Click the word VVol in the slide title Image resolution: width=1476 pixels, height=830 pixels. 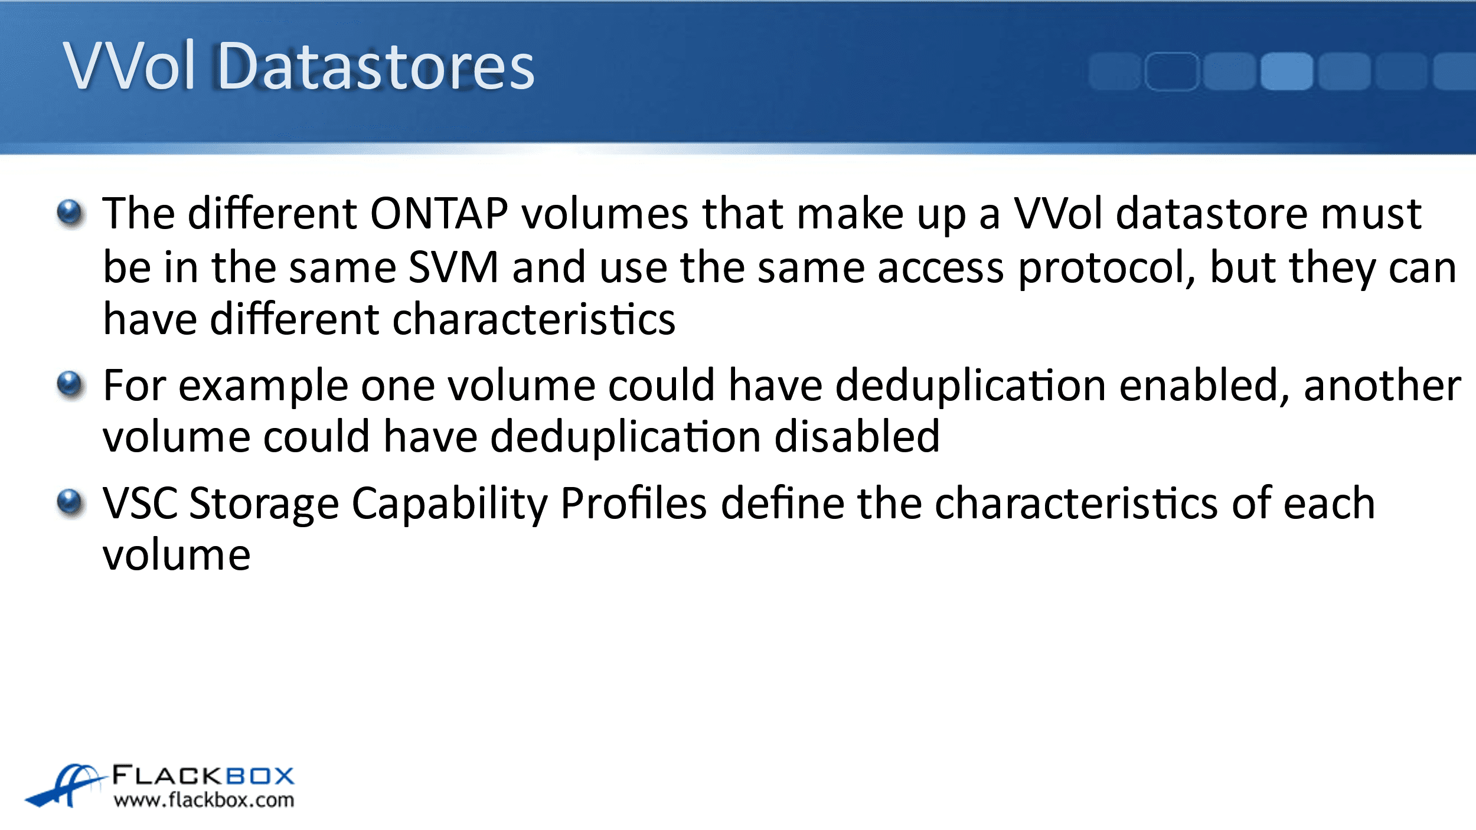(129, 66)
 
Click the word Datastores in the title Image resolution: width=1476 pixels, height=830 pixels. (376, 66)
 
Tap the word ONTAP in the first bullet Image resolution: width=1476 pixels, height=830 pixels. (439, 214)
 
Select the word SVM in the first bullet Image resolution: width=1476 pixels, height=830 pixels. (453, 267)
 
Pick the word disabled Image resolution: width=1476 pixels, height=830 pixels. (857, 437)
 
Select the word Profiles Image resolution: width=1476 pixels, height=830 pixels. (633, 503)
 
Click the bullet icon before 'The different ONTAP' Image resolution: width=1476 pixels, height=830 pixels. (71, 213)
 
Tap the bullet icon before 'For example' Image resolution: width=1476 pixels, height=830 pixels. (71, 385)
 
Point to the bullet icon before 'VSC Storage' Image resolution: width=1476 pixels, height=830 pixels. (71, 503)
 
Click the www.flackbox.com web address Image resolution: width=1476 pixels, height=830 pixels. (204, 800)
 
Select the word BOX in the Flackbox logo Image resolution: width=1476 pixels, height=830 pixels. (260, 776)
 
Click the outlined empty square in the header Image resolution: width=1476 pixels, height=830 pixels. (1172, 71)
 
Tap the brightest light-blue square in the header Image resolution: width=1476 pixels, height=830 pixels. (1286, 71)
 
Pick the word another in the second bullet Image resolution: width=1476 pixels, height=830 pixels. (1382, 385)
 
